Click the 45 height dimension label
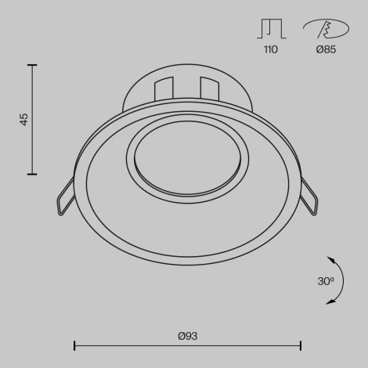pos(24,119)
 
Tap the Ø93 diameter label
pos(187,336)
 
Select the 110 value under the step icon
pos(269,49)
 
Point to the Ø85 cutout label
pos(326,49)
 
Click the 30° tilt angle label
pos(326,280)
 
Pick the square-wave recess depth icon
pos(269,28)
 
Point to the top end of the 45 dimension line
pos(33,65)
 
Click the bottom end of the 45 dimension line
pos(33,174)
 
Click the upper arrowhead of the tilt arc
pos(330,258)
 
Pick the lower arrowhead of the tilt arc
pos(330,300)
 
